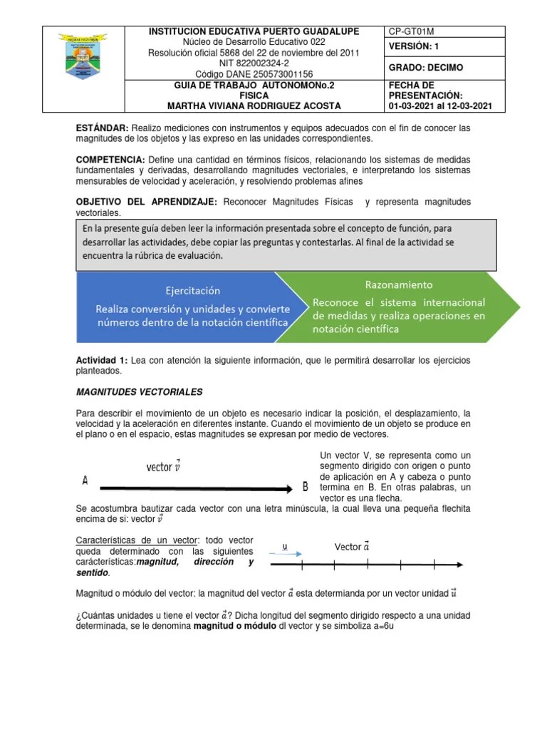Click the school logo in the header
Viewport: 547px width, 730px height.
click(83, 68)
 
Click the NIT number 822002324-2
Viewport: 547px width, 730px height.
click(254, 63)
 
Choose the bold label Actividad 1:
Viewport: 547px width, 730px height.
click(100, 360)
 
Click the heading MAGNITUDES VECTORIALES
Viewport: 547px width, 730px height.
click(139, 392)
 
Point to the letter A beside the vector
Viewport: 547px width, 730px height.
click(85, 481)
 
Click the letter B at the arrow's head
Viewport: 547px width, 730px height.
click(305, 487)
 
